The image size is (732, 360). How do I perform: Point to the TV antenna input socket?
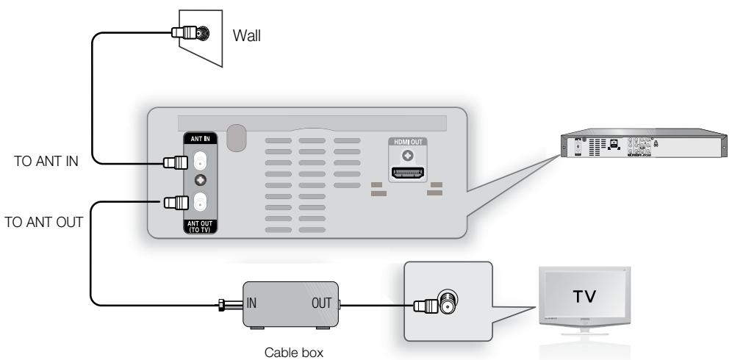point(446,301)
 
